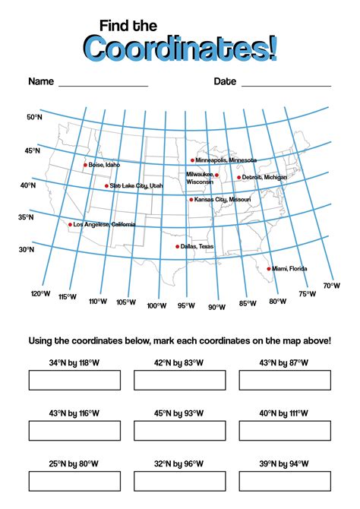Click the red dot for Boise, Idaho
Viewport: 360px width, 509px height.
pyautogui.click(x=85, y=165)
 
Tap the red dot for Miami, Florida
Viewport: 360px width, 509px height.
pyautogui.click(x=269, y=268)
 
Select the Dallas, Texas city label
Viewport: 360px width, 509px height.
pyautogui.click(x=197, y=246)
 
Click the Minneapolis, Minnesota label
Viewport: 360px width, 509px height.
pyautogui.click(x=226, y=160)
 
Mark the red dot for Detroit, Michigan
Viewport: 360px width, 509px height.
pyautogui.click(x=238, y=178)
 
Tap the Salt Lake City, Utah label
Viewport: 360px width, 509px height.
pyautogui.click(x=136, y=185)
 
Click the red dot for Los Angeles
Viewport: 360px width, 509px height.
pyautogui.click(x=71, y=225)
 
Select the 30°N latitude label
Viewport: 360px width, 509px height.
pyautogui.click(x=26, y=249)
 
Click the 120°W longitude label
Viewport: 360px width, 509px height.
pyautogui.click(x=40, y=293)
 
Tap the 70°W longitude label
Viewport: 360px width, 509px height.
pyautogui.click(x=331, y=286)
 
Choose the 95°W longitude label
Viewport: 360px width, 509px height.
pyautogui.click(x=186, y=305)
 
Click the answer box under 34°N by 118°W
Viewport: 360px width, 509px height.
pyautogui.click(x=74, y=380)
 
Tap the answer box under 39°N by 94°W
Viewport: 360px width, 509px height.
pyautogui.click(x=285, y=481)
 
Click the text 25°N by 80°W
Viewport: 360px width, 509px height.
pyautogui.click(x=74, y=463)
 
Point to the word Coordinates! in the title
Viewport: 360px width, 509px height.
pyautogui.click(x=180, y=48)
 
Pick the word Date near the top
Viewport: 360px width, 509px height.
pyautogui.click(x=225, y=81)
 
